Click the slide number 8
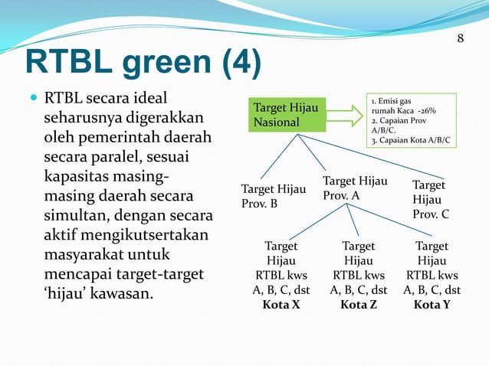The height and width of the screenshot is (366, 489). (x=461, y=38)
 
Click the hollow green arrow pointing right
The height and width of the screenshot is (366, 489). (x=345, y=115)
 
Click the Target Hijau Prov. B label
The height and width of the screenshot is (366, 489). (x=273, y=197)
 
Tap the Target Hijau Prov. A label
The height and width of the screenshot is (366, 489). (x=354, y=188)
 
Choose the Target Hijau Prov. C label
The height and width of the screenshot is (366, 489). (x=430, y=200)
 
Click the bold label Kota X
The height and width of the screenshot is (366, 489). (x=281, y=305)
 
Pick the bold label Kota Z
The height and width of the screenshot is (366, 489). (x=359, y=305)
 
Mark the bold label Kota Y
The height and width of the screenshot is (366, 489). (x=432, y=305)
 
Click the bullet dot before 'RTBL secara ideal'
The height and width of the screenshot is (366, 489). (x=31, y=100)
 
